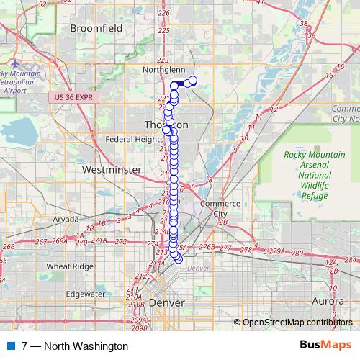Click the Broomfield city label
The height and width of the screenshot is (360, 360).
tap(97, 28)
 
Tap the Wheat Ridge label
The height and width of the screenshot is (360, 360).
tap(66, 266)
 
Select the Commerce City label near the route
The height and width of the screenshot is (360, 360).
tap(214, 208)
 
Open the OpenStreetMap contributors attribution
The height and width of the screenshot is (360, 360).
tap(297, 322)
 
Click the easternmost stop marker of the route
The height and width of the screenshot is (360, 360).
tap(192, 81)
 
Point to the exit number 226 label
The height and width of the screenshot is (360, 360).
tap(163, 13)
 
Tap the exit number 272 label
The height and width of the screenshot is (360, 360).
tap(121, 242)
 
